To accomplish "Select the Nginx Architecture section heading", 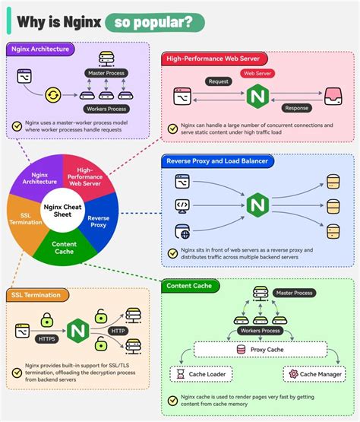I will tap(41, 49).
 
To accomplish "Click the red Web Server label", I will tap(257, 74).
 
